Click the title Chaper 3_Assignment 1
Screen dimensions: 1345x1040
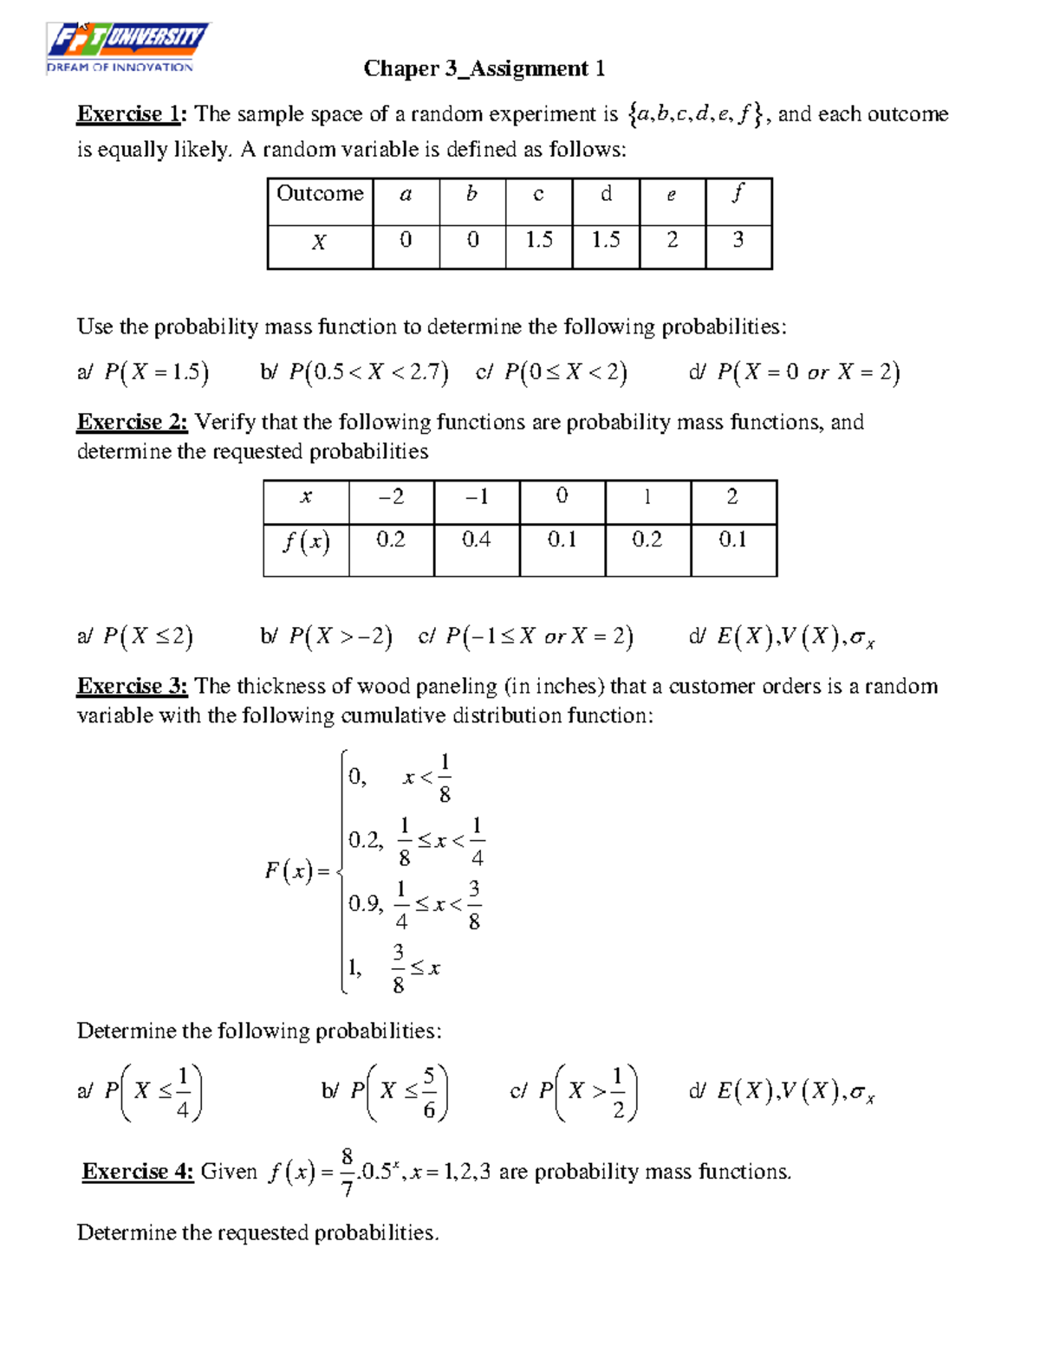click(x=484, y=68)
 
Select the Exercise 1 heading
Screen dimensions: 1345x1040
click(x=131, y=114)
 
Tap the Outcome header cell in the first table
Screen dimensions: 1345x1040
click(x=320, y=194)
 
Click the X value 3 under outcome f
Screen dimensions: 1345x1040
click(x=738, y=240)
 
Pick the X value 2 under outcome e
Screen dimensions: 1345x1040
click(x=672, y=240)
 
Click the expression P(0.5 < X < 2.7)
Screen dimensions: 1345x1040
click(x=368, y=372)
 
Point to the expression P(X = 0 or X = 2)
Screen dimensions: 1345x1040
click(x=808, y=372)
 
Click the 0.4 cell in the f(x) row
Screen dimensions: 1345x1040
click(x=476, y=540)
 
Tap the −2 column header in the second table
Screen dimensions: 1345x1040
click(x=391, y=497)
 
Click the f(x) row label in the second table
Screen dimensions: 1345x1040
click(x=305, y=542)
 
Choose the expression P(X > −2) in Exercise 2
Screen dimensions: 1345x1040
click(x=340, y=637)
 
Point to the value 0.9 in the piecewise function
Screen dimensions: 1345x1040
click(x=365, y=904)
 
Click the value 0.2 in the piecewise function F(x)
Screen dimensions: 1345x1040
click(x=365, y=840)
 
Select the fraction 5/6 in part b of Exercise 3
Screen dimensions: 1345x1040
click(x=429, y=1092)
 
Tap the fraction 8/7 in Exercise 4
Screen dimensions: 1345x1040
click(x=348, y=1173)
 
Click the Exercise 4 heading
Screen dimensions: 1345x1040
click(x=137, y=1172)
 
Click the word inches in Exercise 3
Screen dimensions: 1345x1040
click(x=569, y=686)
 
